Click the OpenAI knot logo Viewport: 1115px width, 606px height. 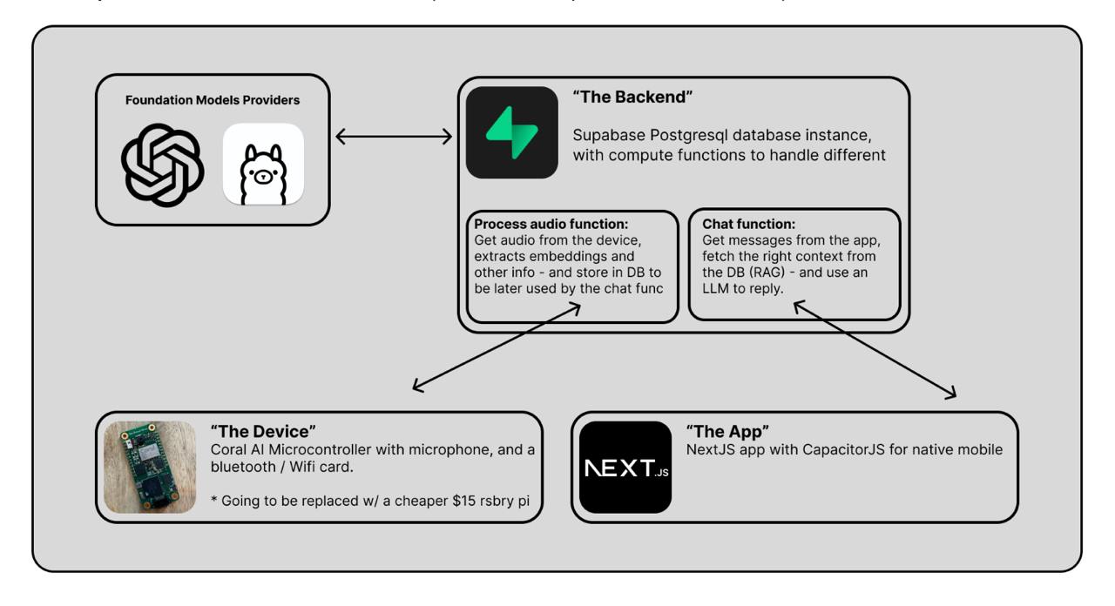(162, 164)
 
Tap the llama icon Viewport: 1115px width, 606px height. (263, 164)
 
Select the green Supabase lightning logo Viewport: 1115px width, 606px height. (511, 132)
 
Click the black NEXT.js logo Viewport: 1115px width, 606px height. (625, 468)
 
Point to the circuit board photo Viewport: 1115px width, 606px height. (150, 467)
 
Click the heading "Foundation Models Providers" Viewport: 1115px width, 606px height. (213, 100)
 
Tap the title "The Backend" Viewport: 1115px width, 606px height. (632, 98)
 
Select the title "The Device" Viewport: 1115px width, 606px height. (263, 432)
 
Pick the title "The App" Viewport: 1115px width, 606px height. (728, 432)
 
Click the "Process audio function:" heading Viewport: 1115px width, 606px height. (551, 224)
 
